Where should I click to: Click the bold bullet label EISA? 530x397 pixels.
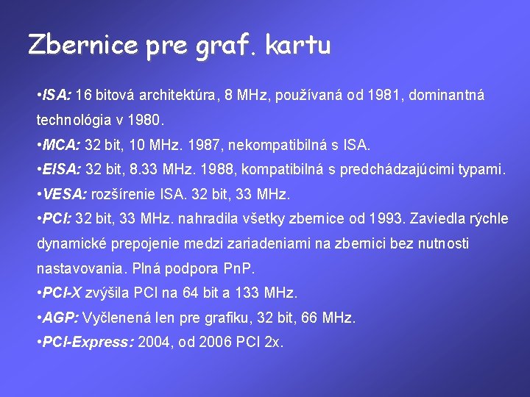62,170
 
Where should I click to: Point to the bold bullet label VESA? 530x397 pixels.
64,195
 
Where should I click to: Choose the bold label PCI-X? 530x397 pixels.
63,293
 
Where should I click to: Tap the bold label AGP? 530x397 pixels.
61,318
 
